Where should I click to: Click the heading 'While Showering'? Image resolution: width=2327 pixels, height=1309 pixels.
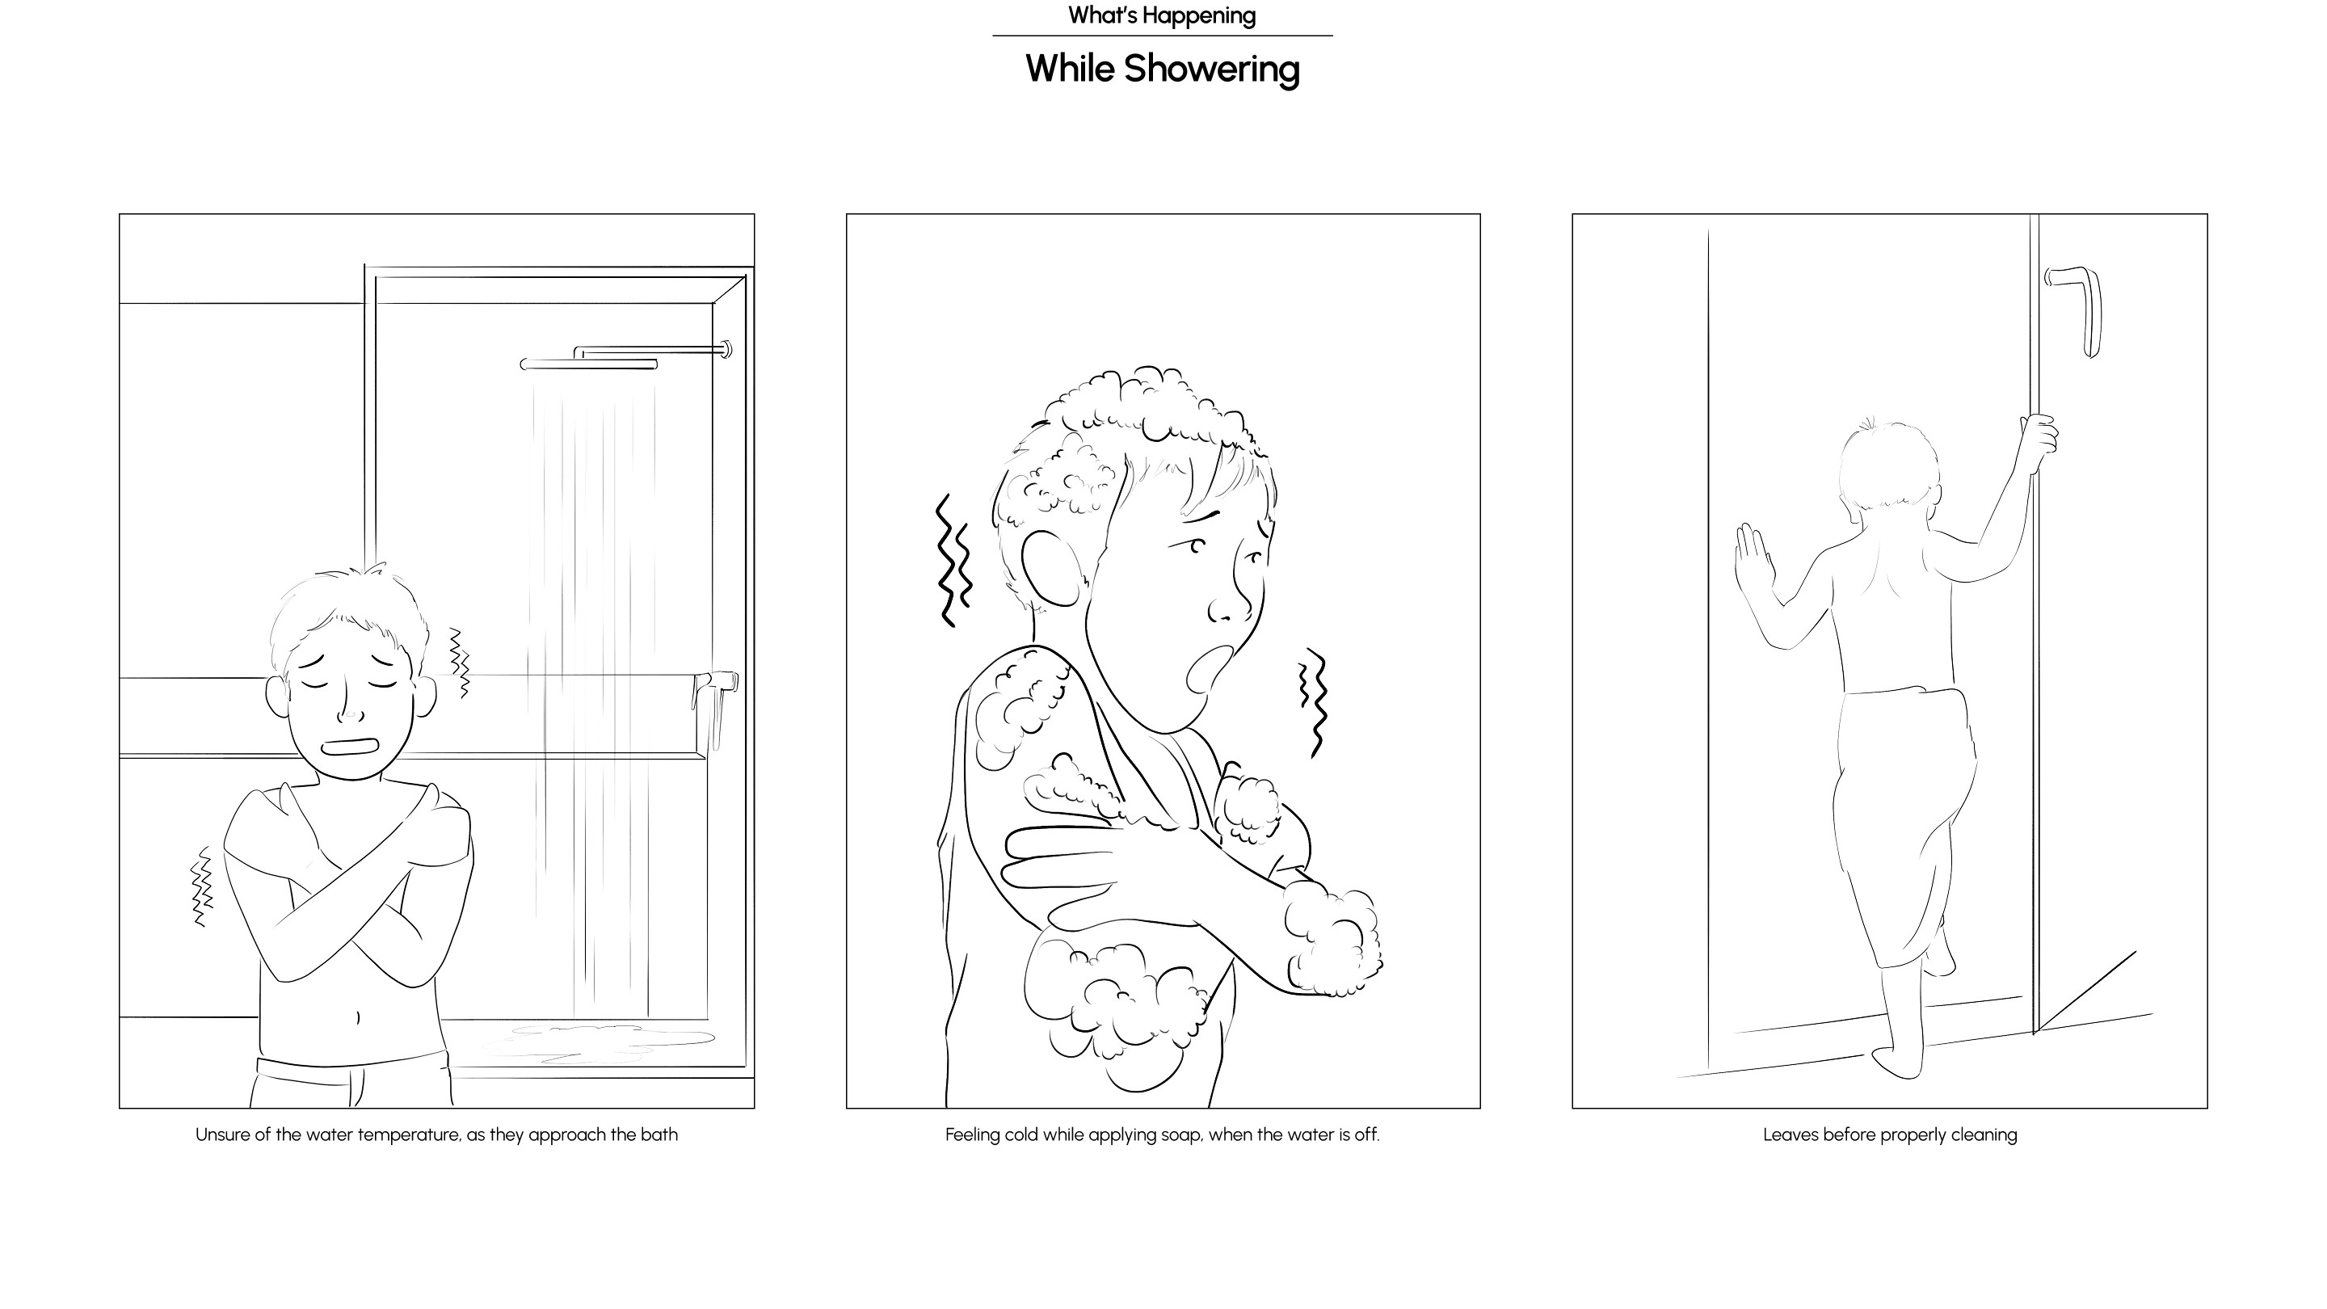pyautogui.click(x=1163, y=69)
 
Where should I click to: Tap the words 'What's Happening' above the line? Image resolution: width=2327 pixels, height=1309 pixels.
pyautogui.click(x=1162, y=15)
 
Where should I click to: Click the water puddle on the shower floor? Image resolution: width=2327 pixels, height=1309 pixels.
pyautogui.click(x=596, y=1042)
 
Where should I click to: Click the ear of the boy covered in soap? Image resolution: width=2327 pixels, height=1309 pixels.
pyautogui.click(x=1054, y=566)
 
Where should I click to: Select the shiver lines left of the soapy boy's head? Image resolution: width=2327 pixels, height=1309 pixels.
pyautogui.click(x=952, y=560)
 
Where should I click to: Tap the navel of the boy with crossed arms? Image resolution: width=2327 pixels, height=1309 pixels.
pyautogui.click(x=358, y=1018)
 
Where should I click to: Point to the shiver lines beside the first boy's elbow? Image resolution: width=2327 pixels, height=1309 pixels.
pyautogui.click(x=201, y=886)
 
